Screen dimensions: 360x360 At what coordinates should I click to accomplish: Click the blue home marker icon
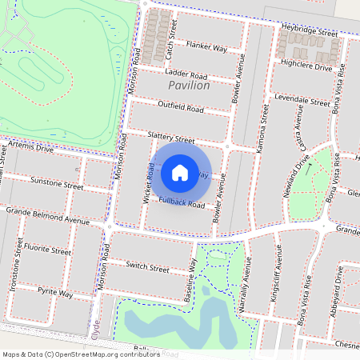pyautogui.click(x=180, y=172)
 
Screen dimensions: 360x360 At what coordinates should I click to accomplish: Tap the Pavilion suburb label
pyautogui.click(x=190, y=85)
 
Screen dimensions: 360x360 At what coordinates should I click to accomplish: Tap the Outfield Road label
pyautogui.click(x=181, y=106)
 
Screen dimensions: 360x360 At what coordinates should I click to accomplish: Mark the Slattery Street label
pyautogui.click(x=171, y=138)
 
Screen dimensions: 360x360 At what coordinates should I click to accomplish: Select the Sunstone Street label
pyautogui.click(x=56, y=186)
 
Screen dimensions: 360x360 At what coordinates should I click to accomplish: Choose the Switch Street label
pyautogui.click(x=146, y=266)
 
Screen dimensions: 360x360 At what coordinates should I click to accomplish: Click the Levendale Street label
pyautogui.click(x=302, y=102)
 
